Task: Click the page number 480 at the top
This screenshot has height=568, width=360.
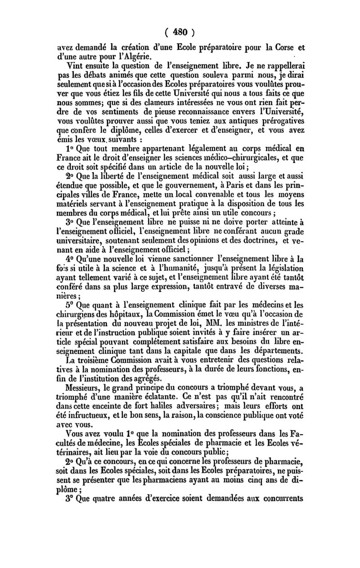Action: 180,33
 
